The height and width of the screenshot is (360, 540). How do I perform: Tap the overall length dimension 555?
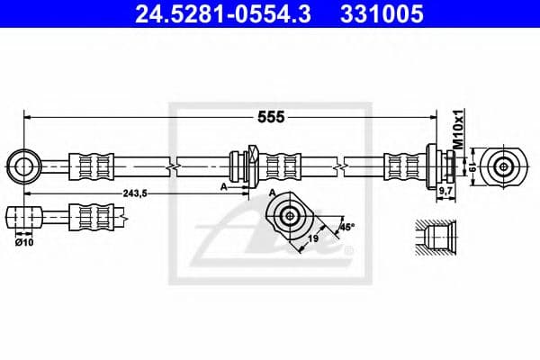[x=271, y=117]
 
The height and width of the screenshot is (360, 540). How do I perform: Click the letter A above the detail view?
[x=272, y=193]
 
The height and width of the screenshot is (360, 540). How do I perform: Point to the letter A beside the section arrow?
[x=222, y=185]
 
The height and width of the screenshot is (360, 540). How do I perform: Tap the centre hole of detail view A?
[x=288, y=215]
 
